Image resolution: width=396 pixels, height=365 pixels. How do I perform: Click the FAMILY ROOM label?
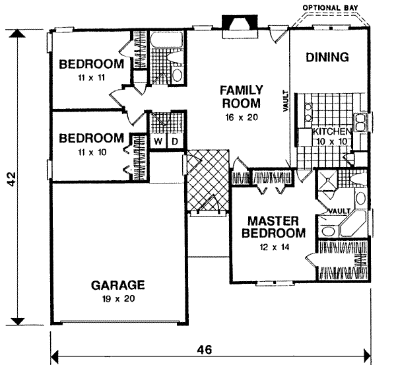(x=242, y=96)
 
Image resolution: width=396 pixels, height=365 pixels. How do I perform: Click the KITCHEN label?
(x=333, y=132)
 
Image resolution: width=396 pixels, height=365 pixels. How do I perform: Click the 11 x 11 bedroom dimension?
(x=91, y=77)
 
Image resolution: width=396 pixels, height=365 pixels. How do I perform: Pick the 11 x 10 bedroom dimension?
(x=91, y=150)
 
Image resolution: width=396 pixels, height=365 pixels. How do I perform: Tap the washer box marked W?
(x=159, y=141)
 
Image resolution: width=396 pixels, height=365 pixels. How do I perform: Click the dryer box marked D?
(x=175, y=141)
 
